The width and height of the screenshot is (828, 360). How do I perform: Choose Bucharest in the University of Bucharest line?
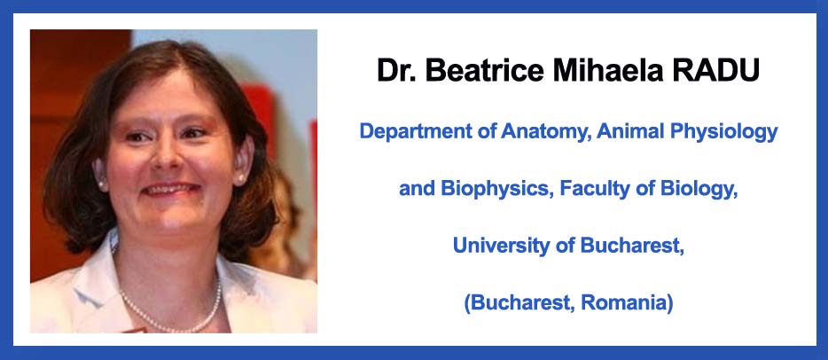point(633,246)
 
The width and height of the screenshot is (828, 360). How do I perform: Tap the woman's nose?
point(167,153)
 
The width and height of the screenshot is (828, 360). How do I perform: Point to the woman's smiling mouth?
point(172,189)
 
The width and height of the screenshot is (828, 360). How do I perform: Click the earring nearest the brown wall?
point(103,184)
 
